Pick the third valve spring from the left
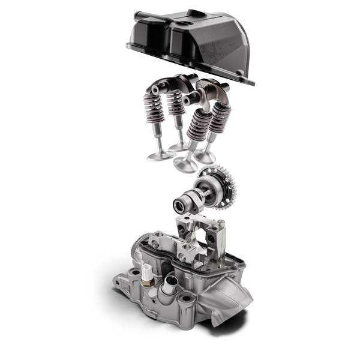pos(195,120)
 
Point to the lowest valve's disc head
pos(183,165)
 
